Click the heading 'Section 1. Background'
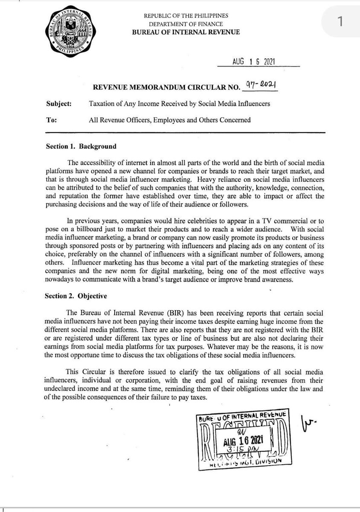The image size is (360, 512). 81,146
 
